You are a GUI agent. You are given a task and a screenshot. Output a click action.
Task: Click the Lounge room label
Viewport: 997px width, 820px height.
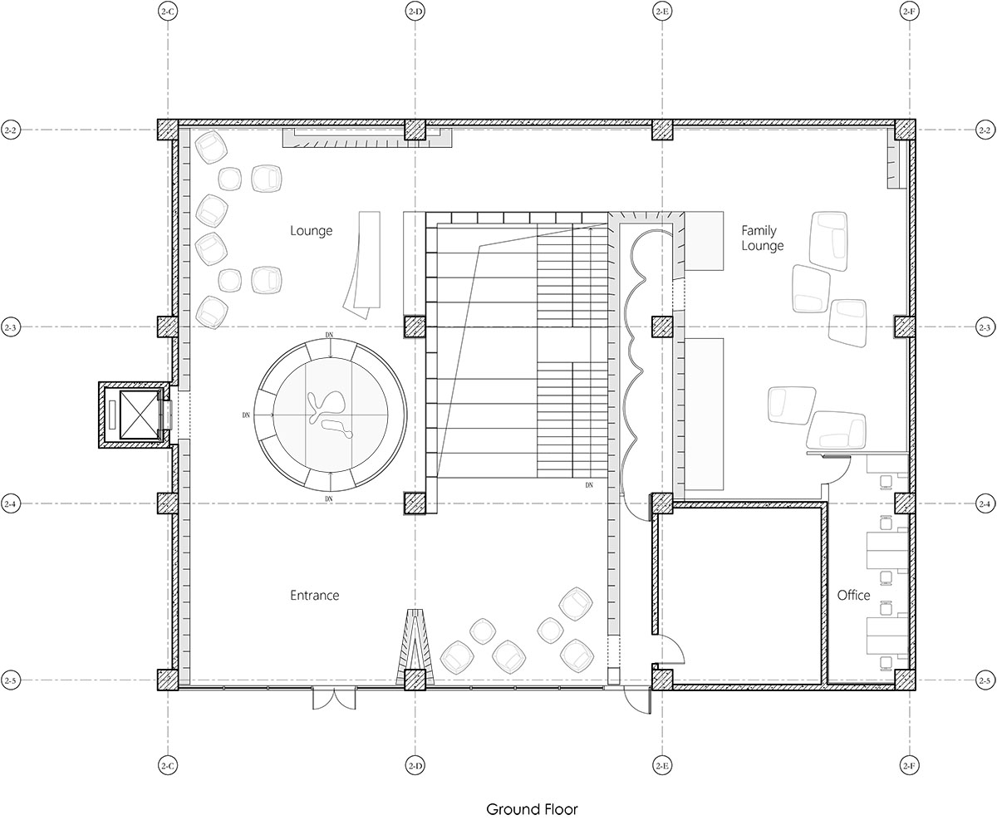(311, 231)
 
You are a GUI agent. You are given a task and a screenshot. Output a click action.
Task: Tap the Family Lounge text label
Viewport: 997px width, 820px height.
(762, 238)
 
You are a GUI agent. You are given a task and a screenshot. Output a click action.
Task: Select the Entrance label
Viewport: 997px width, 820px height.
(314, 595)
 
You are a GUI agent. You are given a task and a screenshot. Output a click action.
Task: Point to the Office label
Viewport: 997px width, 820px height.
(853, 595)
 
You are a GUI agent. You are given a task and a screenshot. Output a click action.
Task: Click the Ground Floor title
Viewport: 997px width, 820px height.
(532, 809)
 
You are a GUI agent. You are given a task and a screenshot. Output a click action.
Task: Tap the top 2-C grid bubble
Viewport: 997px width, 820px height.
(168, 12)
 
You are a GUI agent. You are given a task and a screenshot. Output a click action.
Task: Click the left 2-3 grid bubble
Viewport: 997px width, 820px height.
(11, 327)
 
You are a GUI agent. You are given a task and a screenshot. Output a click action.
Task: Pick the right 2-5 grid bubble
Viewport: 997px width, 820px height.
(985, 680)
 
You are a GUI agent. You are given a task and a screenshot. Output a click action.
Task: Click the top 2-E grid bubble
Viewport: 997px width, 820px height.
(661, 12)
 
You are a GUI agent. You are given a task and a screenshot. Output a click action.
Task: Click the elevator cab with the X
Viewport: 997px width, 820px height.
(139, 415)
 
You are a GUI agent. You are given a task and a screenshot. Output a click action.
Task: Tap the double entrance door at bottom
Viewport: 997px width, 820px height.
(334, 699)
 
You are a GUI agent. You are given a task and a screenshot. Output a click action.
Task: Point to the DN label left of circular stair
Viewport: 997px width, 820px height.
(246, 415)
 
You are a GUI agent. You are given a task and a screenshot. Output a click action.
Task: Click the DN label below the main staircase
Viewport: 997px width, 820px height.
(589, 485)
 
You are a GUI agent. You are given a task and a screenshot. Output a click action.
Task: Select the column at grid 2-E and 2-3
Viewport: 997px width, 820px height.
(662, 327)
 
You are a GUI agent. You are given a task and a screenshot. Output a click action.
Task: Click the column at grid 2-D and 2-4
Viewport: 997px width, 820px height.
(415, 503)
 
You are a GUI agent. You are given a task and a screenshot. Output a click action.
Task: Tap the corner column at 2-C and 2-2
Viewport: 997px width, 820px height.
(168, 130)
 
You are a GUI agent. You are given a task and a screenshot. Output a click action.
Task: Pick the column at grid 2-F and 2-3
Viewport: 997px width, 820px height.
(904, 327)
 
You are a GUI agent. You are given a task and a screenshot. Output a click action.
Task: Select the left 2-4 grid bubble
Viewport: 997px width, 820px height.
(11, 503)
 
